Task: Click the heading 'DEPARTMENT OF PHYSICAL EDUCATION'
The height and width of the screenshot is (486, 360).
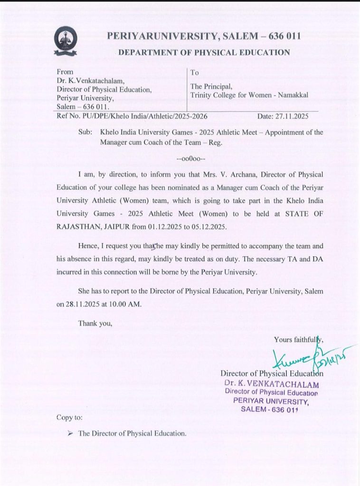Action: (x=204, y=52)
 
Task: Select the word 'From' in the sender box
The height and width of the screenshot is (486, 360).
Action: (x=65, y=72)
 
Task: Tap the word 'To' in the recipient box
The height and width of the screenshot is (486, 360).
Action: (x=195, y=73)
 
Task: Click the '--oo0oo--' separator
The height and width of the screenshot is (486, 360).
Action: (x=190, y=158)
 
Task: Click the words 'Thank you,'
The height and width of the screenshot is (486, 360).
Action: (x=95, y=324)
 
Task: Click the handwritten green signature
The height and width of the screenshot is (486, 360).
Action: (x=304, y=361)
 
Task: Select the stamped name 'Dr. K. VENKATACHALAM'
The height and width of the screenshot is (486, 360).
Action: (x=272, y=384)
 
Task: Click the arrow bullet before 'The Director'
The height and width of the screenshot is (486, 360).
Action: (x=70, y=433)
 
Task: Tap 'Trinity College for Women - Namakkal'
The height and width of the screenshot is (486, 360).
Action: (x=249, y=95)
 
